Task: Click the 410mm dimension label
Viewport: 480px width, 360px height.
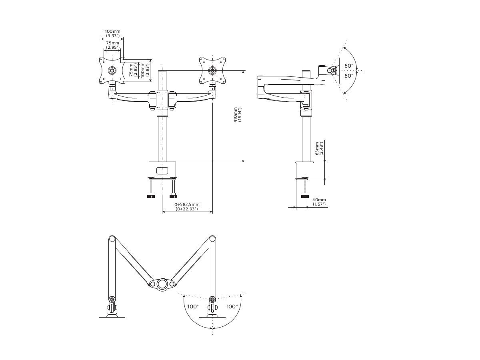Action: [238, 115]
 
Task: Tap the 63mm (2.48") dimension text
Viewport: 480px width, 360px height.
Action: [319, 149]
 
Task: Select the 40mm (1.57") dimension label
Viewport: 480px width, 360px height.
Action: [319, 202]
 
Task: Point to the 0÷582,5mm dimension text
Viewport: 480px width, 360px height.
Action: [187, 206]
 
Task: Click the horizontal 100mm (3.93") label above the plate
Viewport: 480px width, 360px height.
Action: [112, 33]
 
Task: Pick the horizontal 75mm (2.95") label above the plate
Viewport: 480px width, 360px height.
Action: [112, 45]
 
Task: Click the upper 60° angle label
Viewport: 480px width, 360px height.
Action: [349, 66]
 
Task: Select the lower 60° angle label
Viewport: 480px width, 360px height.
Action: [349, 76]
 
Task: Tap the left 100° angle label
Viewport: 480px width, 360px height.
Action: [193, 306]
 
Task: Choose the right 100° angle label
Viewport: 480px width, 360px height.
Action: [232, 306]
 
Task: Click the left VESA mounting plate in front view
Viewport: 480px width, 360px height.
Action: [112, 70]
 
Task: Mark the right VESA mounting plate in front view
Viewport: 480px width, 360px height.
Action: [212, 70]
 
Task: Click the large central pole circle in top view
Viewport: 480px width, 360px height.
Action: [162, 284]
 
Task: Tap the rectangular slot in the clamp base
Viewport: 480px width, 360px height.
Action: [162, 170]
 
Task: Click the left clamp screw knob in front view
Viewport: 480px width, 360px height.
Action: [151, 196]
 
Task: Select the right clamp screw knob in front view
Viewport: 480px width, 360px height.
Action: [173, 196]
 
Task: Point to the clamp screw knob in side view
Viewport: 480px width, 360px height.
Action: [305, 196]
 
